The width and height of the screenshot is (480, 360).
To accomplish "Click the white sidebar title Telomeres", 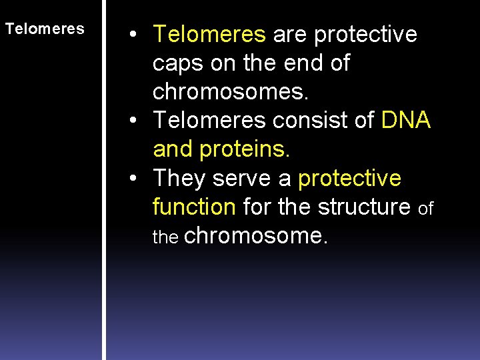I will pos(45,29).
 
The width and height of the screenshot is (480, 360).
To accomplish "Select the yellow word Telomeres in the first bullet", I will pos(209,34).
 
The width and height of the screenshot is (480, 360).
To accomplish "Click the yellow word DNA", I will pos(406,121).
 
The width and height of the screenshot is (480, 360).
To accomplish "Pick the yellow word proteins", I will pos(243,149).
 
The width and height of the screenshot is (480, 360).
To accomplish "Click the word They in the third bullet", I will pos(180,179).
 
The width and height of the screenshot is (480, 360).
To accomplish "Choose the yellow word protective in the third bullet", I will pos(349,179).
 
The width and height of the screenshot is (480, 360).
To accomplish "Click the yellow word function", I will pos(194,207).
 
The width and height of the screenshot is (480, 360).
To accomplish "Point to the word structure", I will pos(364,207).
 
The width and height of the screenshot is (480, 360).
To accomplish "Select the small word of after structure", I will pos(425,209).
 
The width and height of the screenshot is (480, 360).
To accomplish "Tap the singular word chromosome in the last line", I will pos(255,237).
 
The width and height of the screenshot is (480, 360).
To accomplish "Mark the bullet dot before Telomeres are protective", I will pos(134,35).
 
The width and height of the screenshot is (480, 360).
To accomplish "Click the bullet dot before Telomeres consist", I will pos(134,121).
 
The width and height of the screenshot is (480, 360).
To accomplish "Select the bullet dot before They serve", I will pos(134,179).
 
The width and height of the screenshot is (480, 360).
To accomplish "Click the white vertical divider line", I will pos(104,180).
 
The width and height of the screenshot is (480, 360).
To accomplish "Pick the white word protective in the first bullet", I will pos(366,34).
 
